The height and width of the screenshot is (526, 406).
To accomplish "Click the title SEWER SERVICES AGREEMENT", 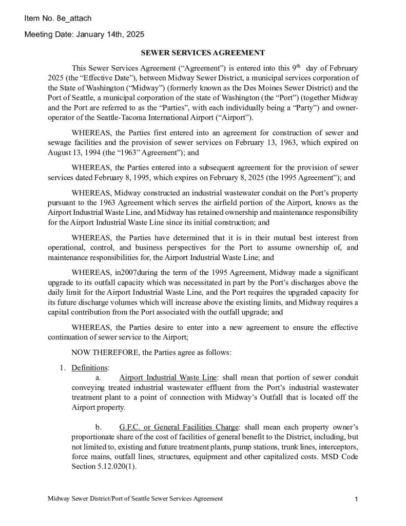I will point(203,52).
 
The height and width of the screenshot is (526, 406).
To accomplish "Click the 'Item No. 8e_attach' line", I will point(57,19).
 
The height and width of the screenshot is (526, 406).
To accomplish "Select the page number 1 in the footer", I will point(356,499).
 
